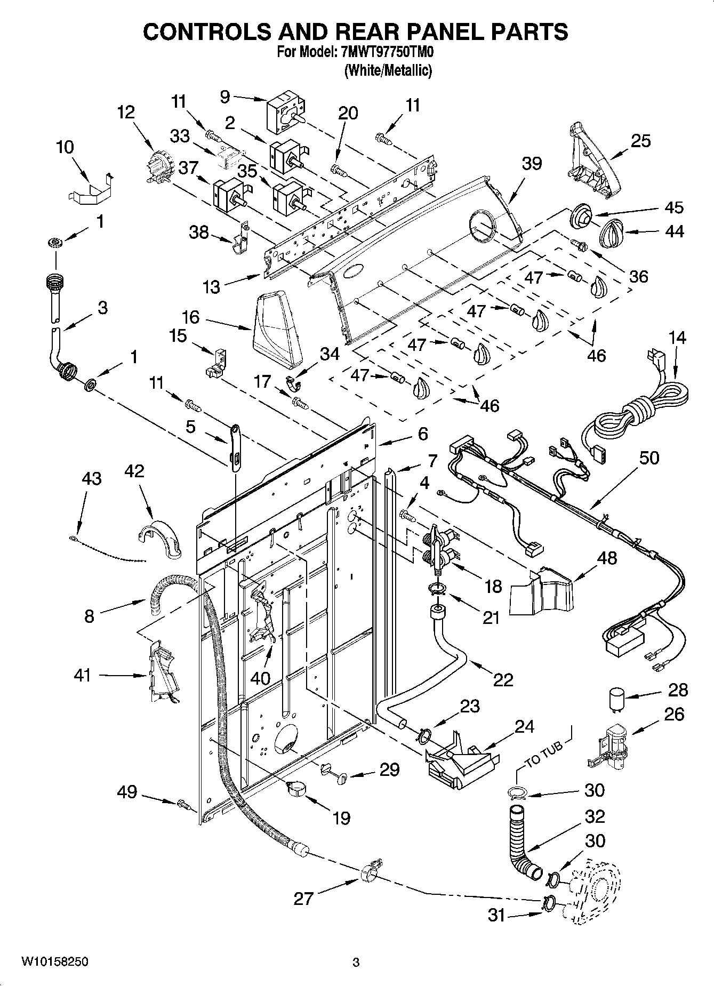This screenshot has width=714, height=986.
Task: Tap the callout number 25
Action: pos(640,141)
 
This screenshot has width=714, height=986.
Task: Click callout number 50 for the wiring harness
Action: pos(648,458)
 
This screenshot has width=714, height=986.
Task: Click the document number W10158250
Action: pos(55,962)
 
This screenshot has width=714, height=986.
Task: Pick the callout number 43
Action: pos(91,478)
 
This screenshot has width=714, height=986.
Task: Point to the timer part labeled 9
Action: pos(282,113)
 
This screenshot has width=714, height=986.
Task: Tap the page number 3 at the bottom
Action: pos(356,963)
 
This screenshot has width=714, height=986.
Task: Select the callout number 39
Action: pos(531,163)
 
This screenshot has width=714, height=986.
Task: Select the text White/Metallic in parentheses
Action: pos(388,70)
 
